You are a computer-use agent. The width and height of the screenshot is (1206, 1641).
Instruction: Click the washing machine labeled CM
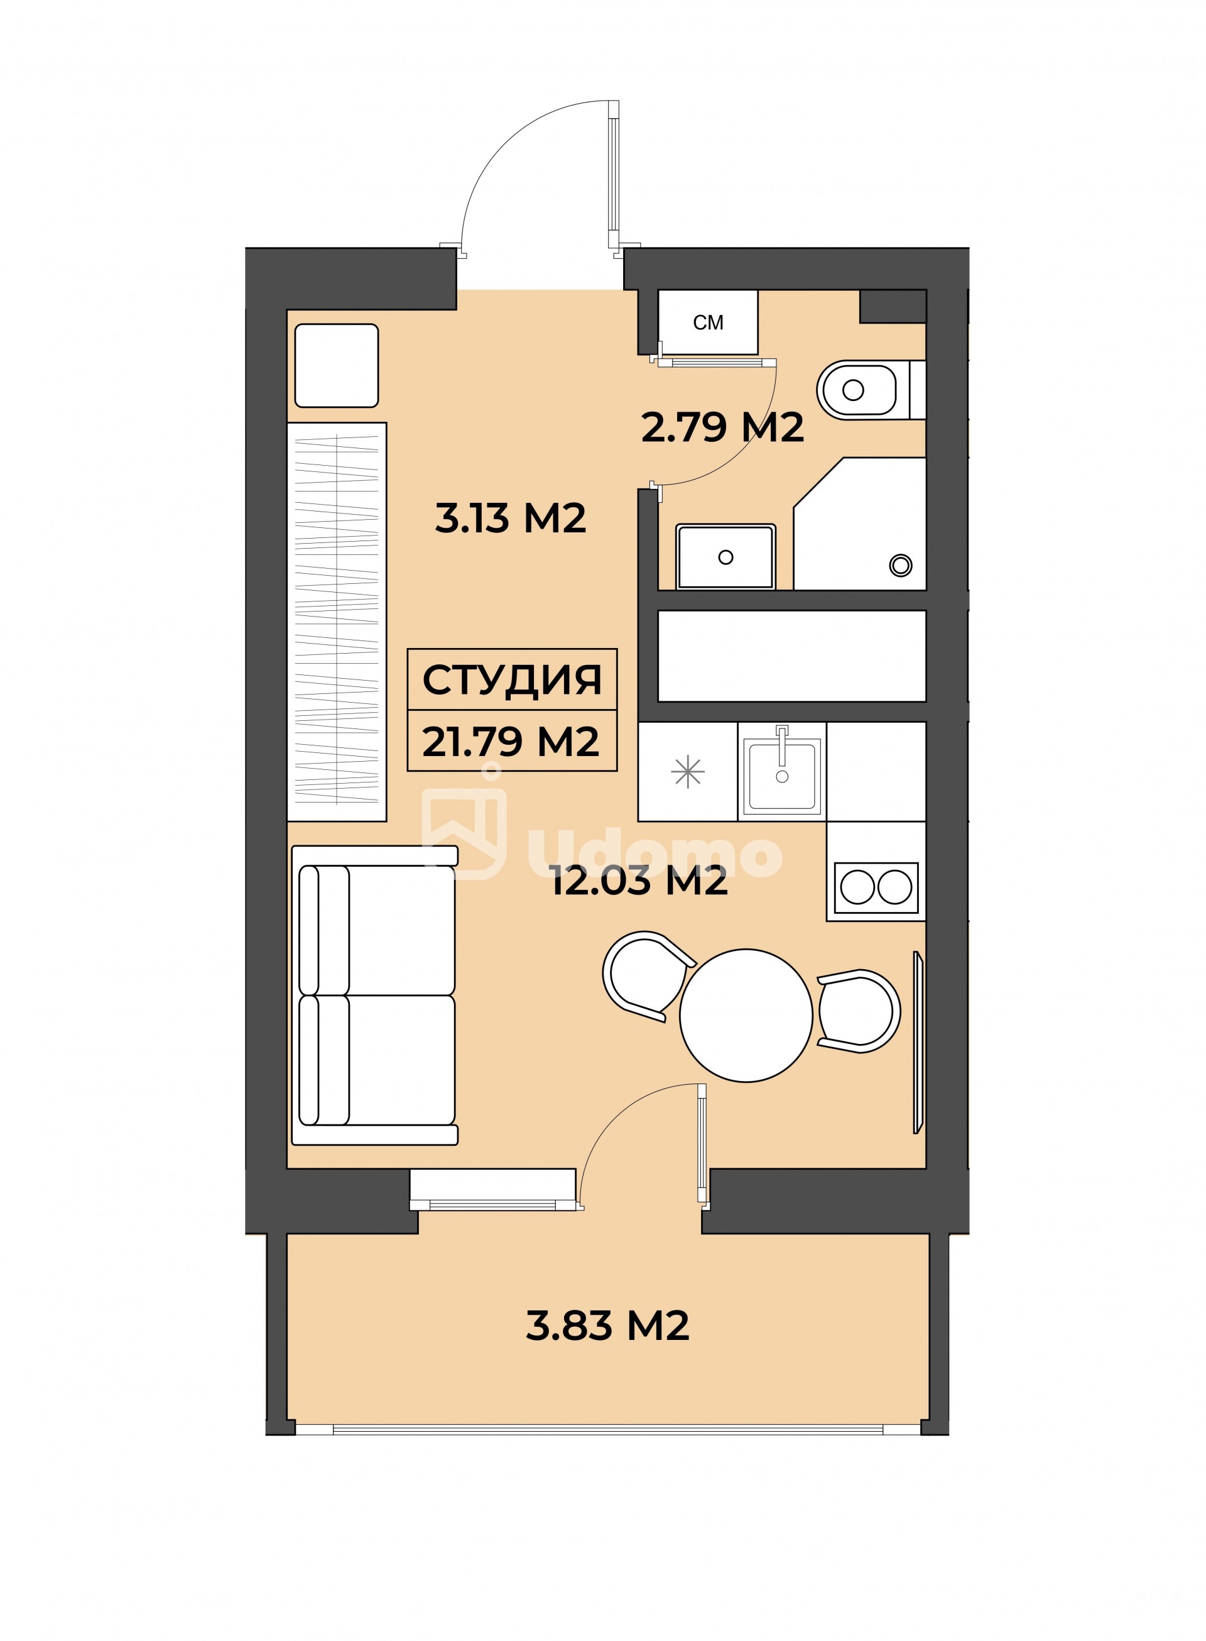click(707, 322)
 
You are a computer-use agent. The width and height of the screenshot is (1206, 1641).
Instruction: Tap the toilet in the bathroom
click(870, 390)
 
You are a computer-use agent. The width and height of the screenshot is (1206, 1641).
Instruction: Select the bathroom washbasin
click(725, 556)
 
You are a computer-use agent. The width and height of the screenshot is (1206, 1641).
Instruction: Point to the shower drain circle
click(901, 564)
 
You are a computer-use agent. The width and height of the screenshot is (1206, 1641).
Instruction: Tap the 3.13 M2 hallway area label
click(510, 519)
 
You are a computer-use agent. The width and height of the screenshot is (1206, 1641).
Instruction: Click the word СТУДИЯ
click(512, 680)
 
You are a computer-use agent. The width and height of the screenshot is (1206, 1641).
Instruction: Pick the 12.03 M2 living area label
click(639, 881)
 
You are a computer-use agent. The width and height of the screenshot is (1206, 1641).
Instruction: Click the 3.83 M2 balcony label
click(607, 1325)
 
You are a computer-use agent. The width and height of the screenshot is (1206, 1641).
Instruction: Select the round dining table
click(746, 1015)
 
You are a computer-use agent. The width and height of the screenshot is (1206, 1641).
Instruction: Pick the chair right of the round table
click(859, 1011)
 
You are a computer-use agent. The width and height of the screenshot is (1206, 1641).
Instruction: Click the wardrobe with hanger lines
click(337, 622)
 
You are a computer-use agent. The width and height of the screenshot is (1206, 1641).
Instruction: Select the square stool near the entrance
click(337, 365)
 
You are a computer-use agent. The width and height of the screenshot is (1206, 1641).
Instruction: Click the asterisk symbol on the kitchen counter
click(688, 772)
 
